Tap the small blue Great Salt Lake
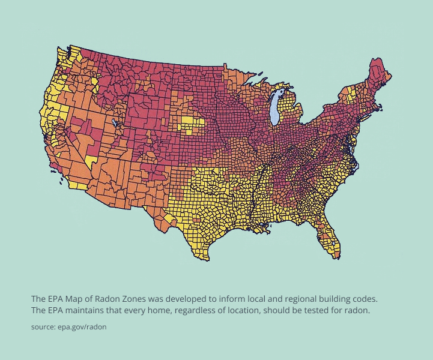click(115, 122)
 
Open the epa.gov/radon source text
click(82, 327)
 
